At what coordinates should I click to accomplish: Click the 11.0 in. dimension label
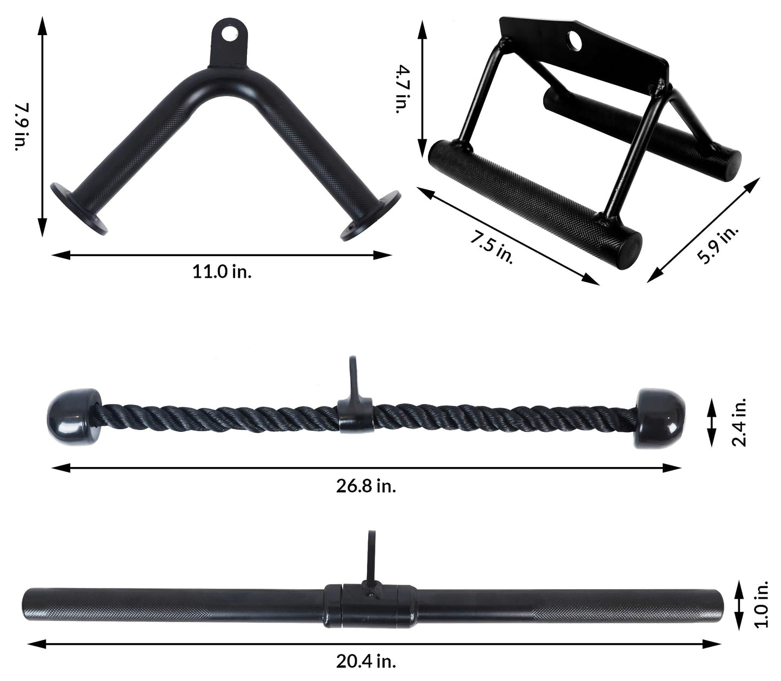pyautogui.click(x=222, y=271)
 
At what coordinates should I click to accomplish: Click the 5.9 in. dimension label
pyautogui.click(x=717, y=245)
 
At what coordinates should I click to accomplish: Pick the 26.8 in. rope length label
pyautogui.click(x=366, y=486)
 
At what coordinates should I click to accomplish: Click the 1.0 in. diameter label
pyautogui.click(x=762, y=605)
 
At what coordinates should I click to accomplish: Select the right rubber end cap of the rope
pyautogui.click(x=660, y=417)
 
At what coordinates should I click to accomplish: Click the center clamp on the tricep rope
pyautogui.click(x=356, y=415)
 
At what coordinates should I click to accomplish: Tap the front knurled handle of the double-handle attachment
pyautogui.click(x=535, y=197)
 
